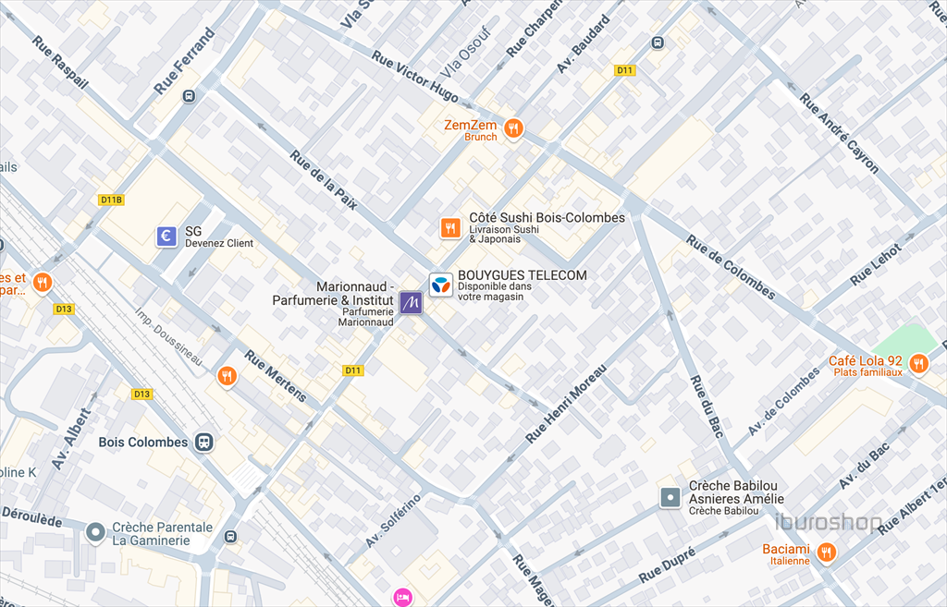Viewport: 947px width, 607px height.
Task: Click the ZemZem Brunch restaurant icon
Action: [x=513, y=128]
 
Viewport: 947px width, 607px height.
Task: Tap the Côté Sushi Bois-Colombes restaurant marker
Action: [x=450, y=227]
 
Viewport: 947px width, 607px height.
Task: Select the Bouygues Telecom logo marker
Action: [x=441, y=285]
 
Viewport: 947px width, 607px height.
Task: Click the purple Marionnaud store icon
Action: [x=411, y=302]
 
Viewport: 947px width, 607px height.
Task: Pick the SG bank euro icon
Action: [x=166, y=237]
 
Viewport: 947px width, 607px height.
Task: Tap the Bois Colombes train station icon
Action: [x=203, y=443]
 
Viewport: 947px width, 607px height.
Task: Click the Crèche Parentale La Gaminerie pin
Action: [x=94, y=533]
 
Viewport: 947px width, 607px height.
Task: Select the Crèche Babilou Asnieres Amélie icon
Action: [x=670, y=498]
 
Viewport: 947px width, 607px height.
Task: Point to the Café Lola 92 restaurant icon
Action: [x=917, y=363]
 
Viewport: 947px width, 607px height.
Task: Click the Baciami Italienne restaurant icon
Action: [x=826, y=553]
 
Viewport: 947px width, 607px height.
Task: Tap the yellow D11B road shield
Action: [x=110, y=200]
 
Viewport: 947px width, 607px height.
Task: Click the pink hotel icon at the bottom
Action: [x=401, y=598]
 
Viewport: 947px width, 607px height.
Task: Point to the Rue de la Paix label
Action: [x=323, y=180]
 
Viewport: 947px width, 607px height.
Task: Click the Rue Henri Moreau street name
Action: [x=565, y=403]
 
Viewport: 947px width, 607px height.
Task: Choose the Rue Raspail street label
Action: [x=60, y=63]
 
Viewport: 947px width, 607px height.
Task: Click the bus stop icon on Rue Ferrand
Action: [x=189, y=96]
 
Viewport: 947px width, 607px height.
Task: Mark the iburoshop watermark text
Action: [x=828, y=522]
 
